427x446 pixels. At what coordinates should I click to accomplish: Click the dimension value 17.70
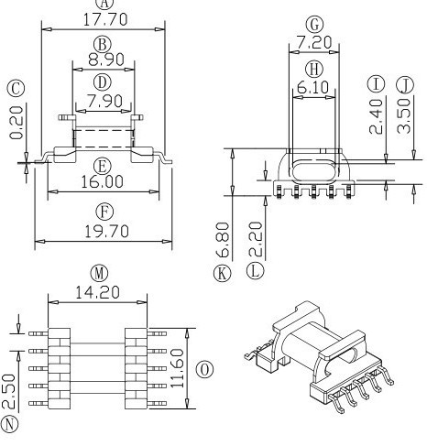(103, 18)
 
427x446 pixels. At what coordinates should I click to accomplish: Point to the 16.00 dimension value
(103, 182)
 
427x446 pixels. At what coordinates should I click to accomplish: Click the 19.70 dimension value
(103, 232)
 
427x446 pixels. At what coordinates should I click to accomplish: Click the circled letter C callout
(16, 88)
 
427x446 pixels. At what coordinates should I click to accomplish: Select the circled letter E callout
(103, 165)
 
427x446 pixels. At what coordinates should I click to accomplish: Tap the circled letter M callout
(99, 273)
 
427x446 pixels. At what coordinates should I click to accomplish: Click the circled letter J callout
(404, 85)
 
